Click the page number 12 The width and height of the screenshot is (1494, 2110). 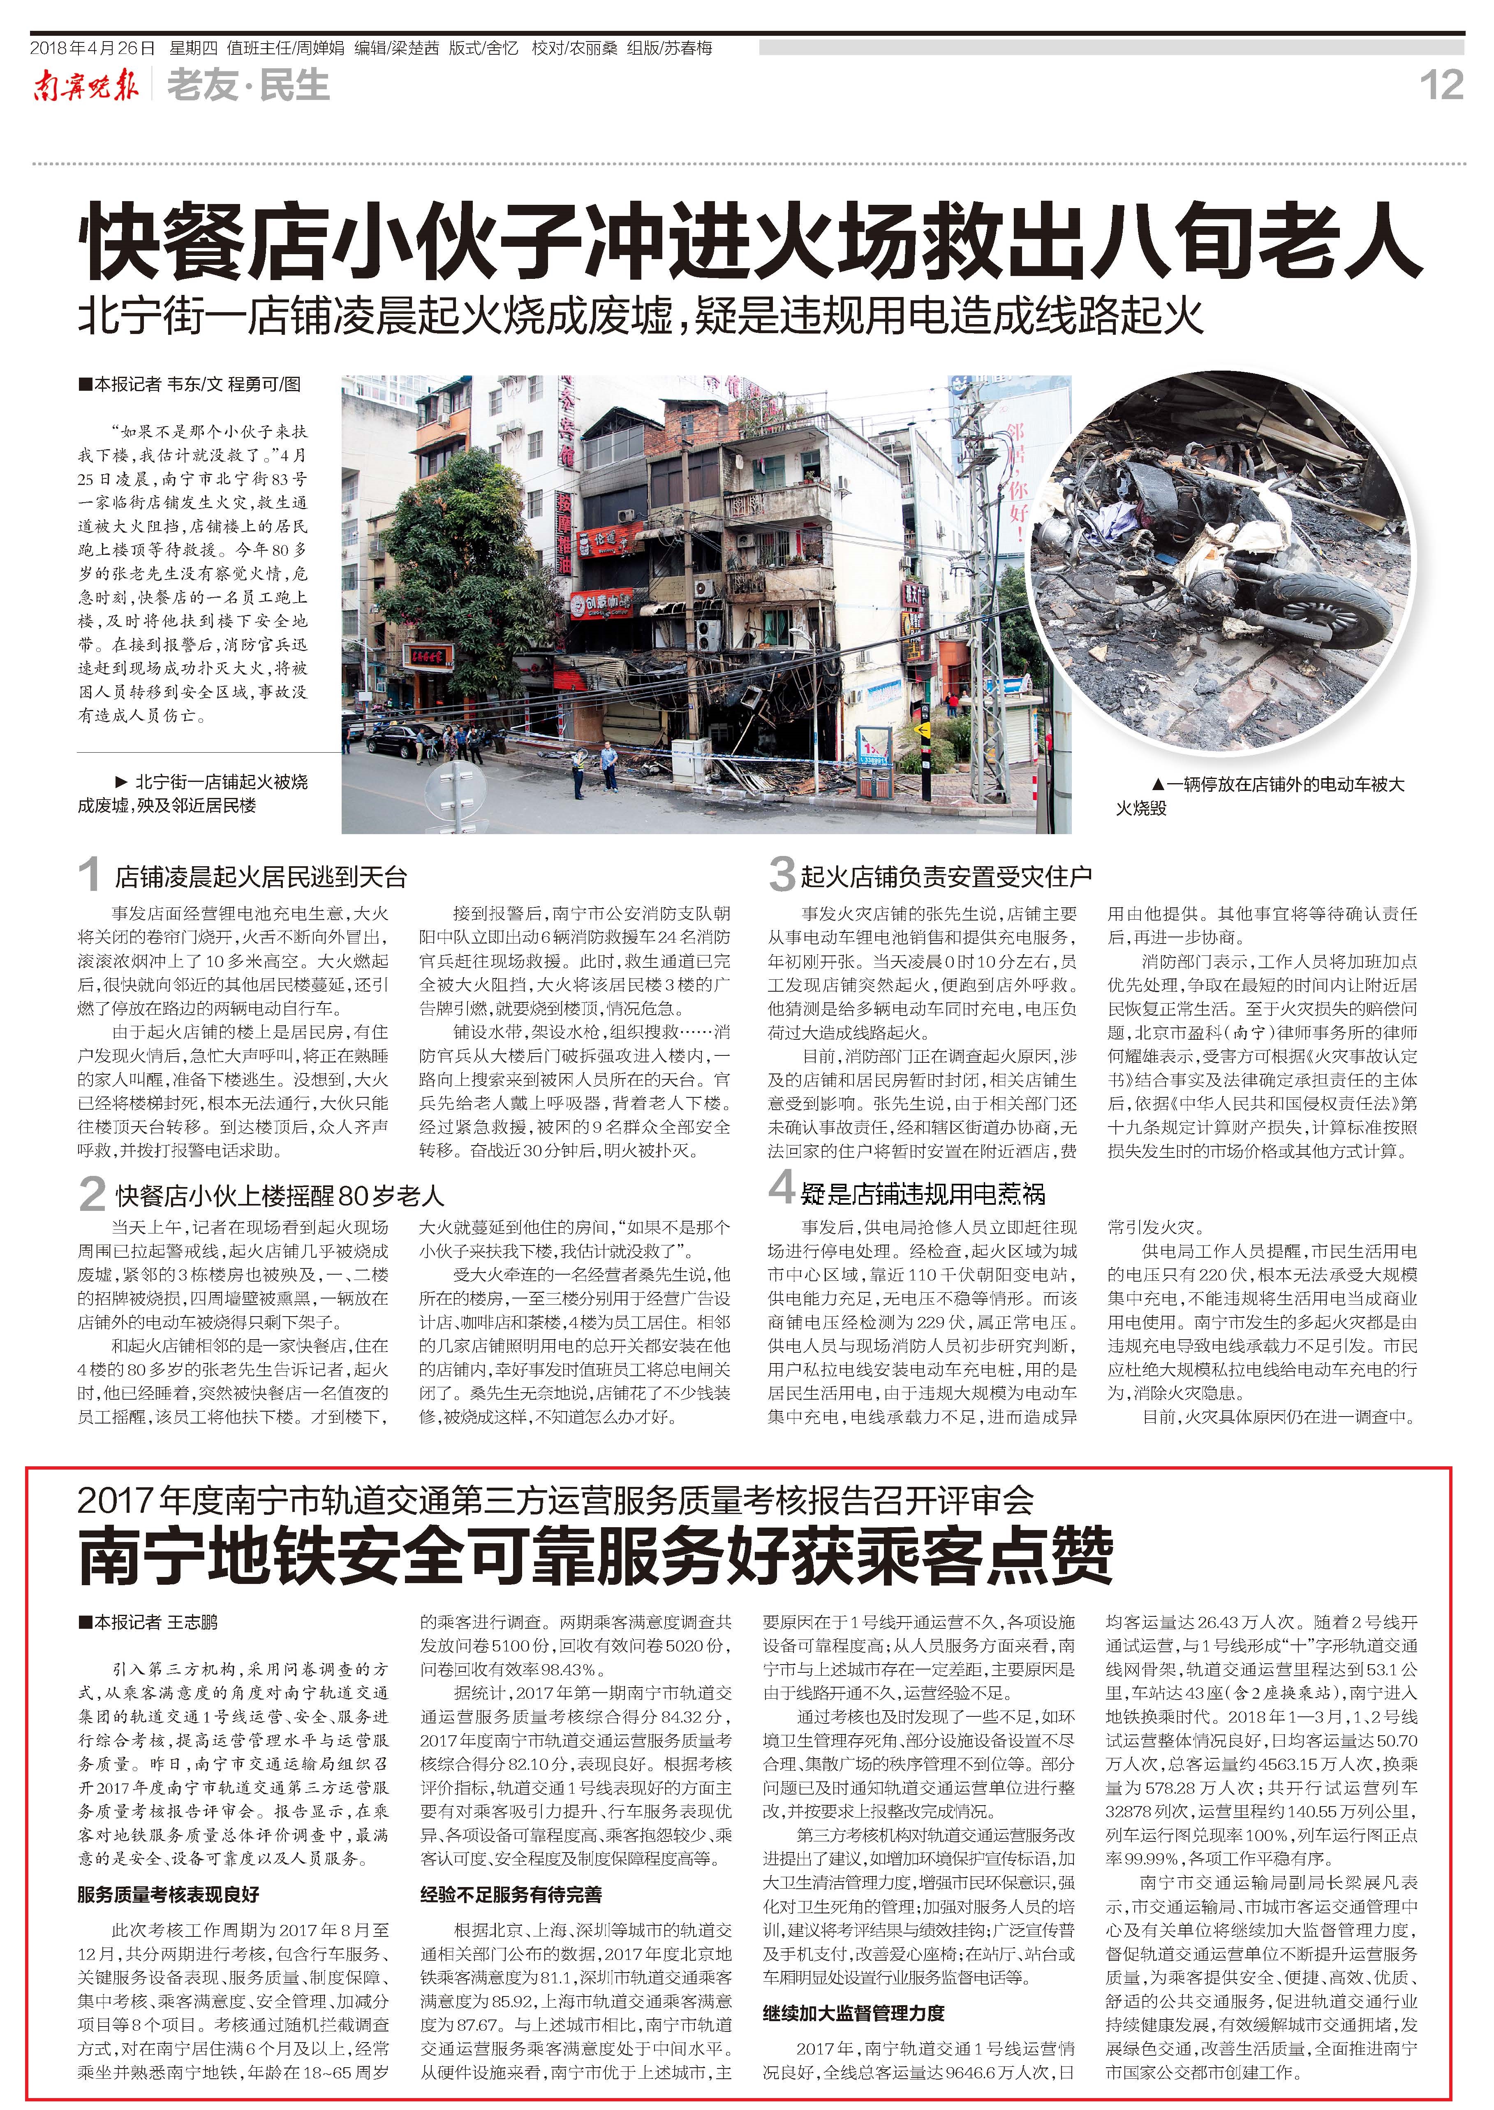[x=1441, y=86]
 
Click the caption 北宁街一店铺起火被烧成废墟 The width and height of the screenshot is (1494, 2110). [x=193, y=793]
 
